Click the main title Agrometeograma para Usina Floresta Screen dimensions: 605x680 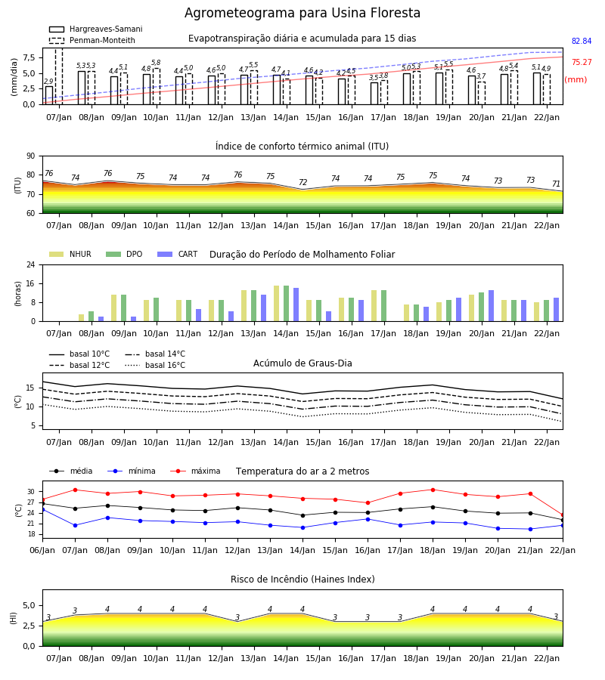click(x=302, y=13)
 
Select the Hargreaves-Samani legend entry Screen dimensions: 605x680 click(x=95, y=29)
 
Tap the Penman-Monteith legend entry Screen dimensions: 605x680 click(x=92, y=40)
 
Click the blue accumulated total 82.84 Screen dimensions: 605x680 click(x=582, y=42)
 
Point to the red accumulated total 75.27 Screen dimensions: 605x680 click(x=582, y=63)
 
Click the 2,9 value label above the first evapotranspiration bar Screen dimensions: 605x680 click(x=48, y=82)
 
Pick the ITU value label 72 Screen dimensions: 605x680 click(x=303, y=183)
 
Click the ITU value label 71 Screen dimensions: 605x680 click(x=556, y=184)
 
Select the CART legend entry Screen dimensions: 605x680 click(x=178, y=254)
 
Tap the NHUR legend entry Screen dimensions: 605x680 click(x=70, y=254)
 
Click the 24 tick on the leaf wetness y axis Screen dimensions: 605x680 click(x=31, y=264)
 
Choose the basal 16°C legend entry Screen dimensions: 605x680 click(x=155, y=365)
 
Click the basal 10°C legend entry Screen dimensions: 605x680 click(x=79, y=354)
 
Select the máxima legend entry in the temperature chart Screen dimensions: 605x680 click(x=195, y=471)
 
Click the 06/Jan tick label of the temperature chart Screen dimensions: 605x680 click(x=42, y=550)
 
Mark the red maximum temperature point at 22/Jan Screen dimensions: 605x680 click(x=563, y=515)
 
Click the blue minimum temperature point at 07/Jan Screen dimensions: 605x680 click(x=75, y=526)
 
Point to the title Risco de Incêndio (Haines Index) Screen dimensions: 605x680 click(x=302, y=580)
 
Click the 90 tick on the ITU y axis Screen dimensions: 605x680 click(x=31, y=156)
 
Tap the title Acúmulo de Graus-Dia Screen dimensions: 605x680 click(x=302, y=363)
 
